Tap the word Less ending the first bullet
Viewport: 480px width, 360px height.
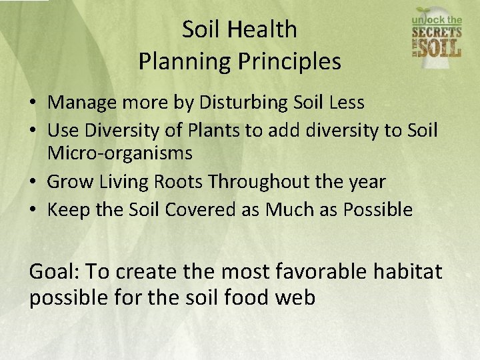pyautogui.click(x=346, y=103)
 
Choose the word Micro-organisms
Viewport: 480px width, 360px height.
pyautogui.click(x=120, y=153)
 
